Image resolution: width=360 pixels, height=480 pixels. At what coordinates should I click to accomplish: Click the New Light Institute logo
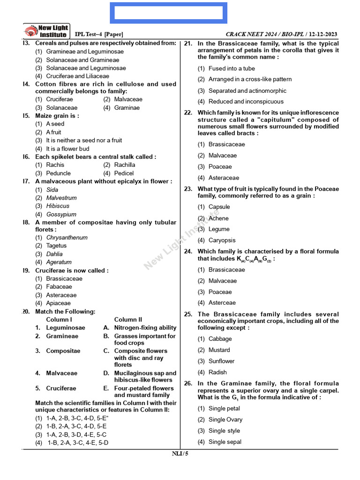pyautogui.click(x=46, y=31)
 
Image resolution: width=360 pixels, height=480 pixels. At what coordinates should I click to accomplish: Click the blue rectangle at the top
pyautogui.click(x=169, y=13)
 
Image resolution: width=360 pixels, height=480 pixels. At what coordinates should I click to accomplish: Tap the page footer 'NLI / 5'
pyautogui.click(x=180, y=453)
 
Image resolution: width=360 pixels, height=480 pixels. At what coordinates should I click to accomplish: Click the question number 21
pyautogui.click(x=188, y=44)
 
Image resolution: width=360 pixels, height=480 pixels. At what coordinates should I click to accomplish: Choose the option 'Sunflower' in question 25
pyautogui.click(x=220, y=361)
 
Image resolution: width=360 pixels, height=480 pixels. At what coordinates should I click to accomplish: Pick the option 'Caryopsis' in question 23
pyautogui.click(x=222, y=240)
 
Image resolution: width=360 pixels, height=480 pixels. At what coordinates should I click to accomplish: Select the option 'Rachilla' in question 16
pyautogui.click(x=125, y=165)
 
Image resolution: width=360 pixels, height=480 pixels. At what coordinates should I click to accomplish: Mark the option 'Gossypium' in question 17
pyautogui.click(x=61, y=214)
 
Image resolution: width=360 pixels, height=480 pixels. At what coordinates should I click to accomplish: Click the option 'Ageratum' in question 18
pyautogui.click(x=59, y=262)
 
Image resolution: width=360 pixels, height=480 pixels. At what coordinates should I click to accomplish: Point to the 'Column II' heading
pyautogui.click(x=128, y=319)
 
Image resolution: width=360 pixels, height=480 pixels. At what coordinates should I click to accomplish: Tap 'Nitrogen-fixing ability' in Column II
pyautogui.click(x=145, y=328)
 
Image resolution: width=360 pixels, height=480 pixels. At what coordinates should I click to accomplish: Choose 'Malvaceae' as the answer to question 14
pyautogui.click(x=128, y=99)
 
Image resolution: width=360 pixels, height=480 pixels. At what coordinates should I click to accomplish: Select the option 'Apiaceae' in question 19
pyautogui.click(x=58, y=303)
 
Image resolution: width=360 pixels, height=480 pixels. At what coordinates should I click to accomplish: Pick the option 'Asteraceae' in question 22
pyautogui.click(x=224, y=178)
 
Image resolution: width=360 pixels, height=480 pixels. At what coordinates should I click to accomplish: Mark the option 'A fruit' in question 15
pyautogui.click(x=53, y=132)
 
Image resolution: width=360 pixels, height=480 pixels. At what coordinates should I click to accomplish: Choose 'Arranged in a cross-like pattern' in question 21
pyautogui.click(x=250, y=79)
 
